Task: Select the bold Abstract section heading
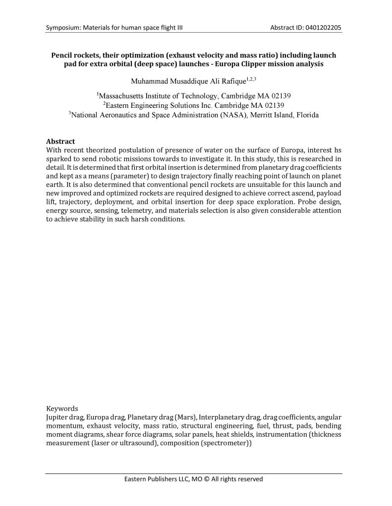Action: point(60,141)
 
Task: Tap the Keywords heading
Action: point(62,409)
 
